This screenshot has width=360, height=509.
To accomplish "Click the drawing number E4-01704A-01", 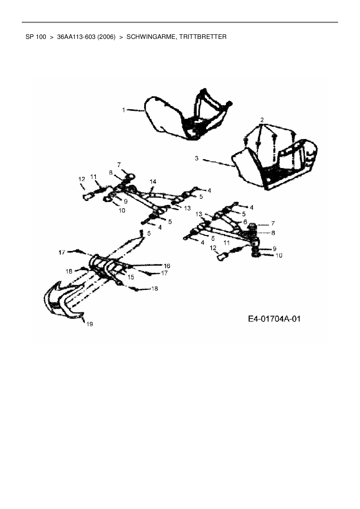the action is pos(274,319).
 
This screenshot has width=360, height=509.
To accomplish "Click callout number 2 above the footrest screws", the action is pos(262,120).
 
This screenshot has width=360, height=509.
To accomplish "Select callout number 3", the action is pos(197,158).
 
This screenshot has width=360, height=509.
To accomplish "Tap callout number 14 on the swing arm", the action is pos(153,181).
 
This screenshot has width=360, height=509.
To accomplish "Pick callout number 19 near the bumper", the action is pos(90,324).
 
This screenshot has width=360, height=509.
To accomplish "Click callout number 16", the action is pos(167,266).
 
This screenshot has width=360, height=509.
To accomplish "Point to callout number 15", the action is pos(131,277).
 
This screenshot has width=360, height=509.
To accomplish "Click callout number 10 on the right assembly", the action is pos(279,255).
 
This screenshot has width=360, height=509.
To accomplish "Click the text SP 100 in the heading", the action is pos(36,37).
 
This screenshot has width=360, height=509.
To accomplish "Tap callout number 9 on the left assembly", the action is pos(125,201).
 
